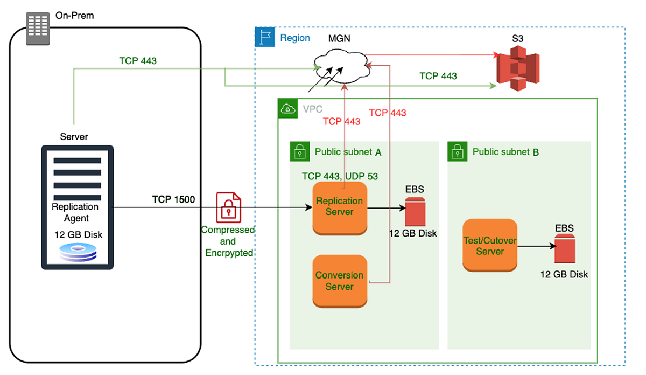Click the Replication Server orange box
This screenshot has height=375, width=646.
(x=339, y=207)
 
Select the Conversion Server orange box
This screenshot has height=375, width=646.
(x=339, y=281)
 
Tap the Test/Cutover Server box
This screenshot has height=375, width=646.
(x=490, y=246)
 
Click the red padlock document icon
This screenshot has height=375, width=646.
(x=228, y=207)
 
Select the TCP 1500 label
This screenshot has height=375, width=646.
(x=173, y=199)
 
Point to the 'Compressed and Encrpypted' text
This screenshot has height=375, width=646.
(x=228, y=241)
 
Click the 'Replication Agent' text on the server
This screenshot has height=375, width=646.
(x=75, y=212)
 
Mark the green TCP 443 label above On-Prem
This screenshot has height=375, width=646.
(x=138, y=61)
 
